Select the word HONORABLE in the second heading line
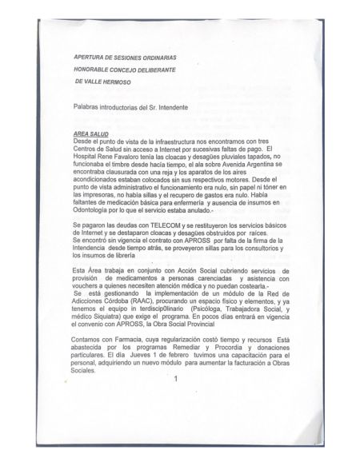(x=91, y=70)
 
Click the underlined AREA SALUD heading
(x=90, y=133)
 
